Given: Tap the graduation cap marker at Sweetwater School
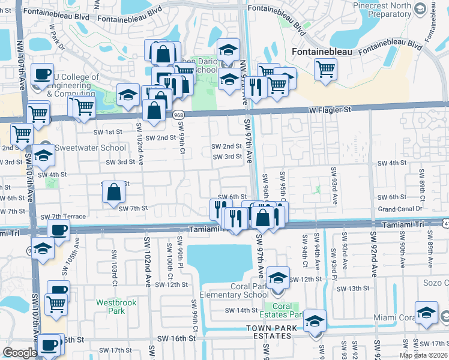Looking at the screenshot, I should [x=43, y=155].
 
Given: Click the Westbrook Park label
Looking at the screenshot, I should [x=116, y=306].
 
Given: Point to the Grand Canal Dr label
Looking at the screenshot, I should [x=400, y=208].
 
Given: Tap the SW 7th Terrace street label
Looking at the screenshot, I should [x=63, y=217].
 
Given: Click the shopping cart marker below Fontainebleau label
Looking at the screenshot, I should [x=325, y=69].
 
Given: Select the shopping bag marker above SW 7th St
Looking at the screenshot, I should [x=113, y=193].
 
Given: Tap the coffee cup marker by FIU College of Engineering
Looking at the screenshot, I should [x=42, y=74].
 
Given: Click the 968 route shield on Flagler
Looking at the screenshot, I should [x=178, y=115].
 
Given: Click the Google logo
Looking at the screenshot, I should [x=20, y=353].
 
